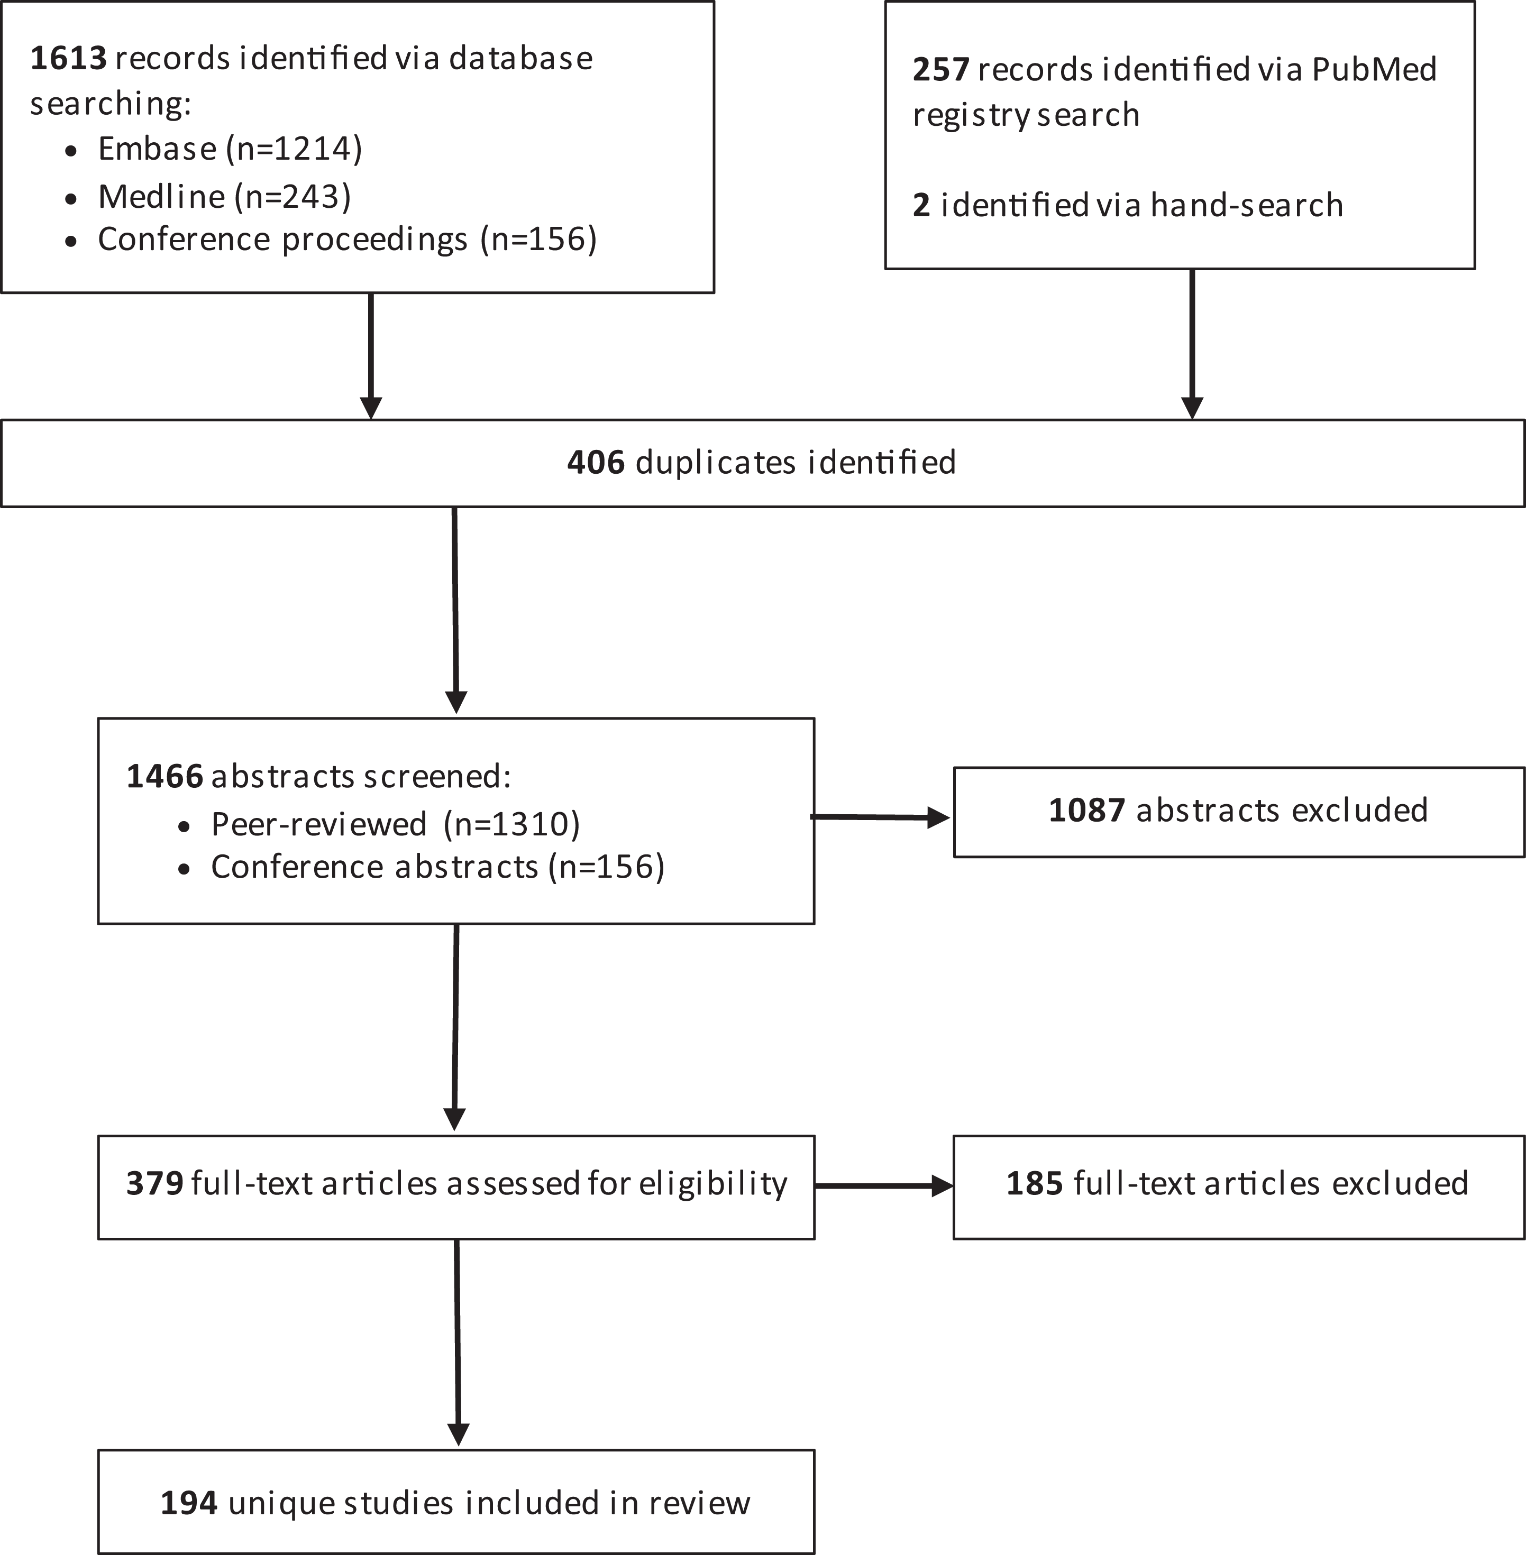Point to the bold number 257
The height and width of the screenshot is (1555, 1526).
coord(942,70)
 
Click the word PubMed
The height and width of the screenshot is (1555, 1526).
coord(1374,70)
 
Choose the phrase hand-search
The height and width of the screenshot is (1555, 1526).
coord(1247,205)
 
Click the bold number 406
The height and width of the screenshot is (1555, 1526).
coord(596,462)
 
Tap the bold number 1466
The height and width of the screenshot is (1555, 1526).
coord(165,776)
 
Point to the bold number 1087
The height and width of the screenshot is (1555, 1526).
coord(1088,810)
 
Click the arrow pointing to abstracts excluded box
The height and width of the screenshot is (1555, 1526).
coord(881,817)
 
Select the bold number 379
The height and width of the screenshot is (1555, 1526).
coord(154,1183)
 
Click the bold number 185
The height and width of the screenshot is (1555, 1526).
coord(1035,1183)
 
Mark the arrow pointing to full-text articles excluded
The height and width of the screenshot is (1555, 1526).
coord(884,1185)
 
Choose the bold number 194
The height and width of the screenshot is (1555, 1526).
coord(189,1503)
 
